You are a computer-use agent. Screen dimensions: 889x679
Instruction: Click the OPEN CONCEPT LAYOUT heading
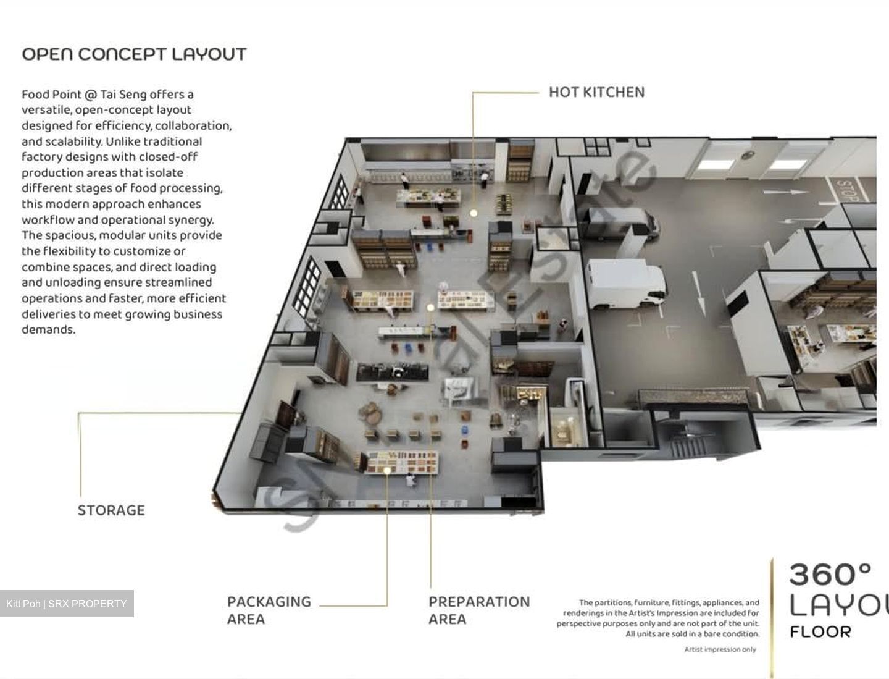(x=134, y=54)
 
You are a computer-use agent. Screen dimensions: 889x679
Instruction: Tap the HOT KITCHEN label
(x=596, y=93)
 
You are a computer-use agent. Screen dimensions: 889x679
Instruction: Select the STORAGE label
(x=111, y=510)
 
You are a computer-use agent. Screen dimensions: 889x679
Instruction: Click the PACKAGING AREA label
(x=269, y=610)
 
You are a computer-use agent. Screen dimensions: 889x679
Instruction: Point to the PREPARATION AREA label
(x=479, y=610)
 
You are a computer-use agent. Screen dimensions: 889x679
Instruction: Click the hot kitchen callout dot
(x=473, y=213)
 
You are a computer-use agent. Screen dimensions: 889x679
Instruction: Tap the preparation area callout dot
(x=430, y=308)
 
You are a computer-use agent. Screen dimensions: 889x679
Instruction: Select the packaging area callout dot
(x=387, y=470)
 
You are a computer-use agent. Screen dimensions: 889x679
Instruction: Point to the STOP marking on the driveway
(x=847, y=190)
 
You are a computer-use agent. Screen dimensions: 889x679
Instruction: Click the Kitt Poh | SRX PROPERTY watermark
(x=67, y=604)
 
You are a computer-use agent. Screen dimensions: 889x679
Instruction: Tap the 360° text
(x=830, y=575)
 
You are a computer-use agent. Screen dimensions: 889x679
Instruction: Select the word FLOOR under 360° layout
(x=820, y=632)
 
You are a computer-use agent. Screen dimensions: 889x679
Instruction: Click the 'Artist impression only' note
(x=720, y=649)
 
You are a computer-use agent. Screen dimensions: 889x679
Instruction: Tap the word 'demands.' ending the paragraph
(x=49, y=330)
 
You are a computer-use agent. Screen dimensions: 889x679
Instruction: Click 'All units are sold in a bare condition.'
(x=693, y=634)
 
